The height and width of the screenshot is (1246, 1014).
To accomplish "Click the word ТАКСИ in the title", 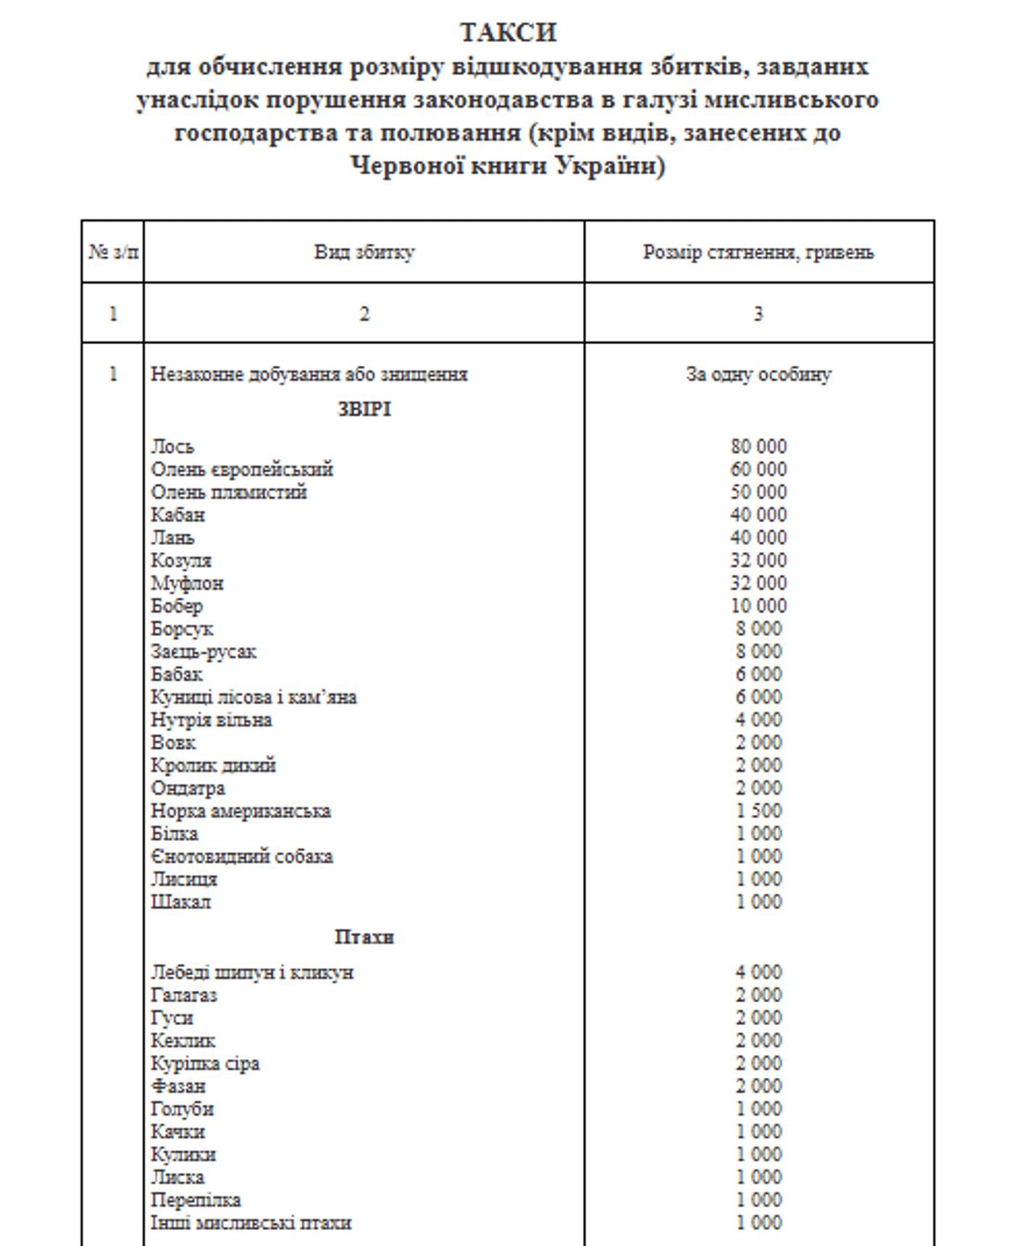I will (508, 33).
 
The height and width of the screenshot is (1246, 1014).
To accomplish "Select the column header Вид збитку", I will (364, 252).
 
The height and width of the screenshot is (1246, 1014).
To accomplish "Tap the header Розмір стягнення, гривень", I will (758, 252).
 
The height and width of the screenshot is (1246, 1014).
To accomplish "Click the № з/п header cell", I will (113, 252).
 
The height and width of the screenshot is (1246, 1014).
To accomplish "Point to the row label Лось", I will (172, 447).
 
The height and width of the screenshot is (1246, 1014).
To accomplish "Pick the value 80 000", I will (758, 447).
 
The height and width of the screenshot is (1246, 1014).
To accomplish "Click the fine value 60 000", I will (758, 469).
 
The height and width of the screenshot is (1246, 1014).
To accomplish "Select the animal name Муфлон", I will (187, 583).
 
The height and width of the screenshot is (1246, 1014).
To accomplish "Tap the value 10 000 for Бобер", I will (758, 606).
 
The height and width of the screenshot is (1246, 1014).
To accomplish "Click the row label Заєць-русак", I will (204, 652).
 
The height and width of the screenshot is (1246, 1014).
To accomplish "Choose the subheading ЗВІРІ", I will (364, 409).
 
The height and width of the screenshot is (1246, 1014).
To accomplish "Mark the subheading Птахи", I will (364, 937).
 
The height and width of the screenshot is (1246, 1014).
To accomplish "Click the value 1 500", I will (758, 811).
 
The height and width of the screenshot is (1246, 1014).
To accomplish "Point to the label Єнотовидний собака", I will (242, 856).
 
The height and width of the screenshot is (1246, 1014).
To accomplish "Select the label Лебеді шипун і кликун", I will (252, 972).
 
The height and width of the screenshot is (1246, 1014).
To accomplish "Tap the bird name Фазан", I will (178, 1086).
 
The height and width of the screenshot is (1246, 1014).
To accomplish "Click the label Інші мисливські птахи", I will (251, 1223).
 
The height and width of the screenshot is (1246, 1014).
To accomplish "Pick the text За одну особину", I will (758, 375).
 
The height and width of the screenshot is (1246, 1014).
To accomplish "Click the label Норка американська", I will (240, 811).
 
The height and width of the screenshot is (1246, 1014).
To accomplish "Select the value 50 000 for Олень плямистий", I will (758, 492).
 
